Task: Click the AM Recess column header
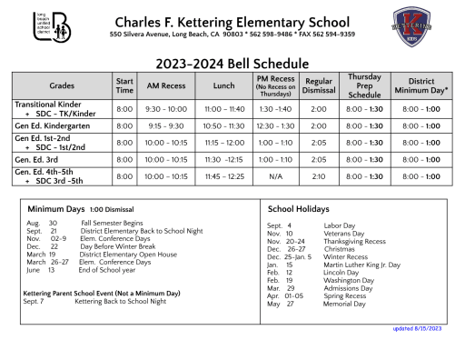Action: coord(165,85)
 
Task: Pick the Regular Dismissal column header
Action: coord(318,85)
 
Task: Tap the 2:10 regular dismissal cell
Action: coord(318,176)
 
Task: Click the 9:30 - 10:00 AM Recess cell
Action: coord(165,108)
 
